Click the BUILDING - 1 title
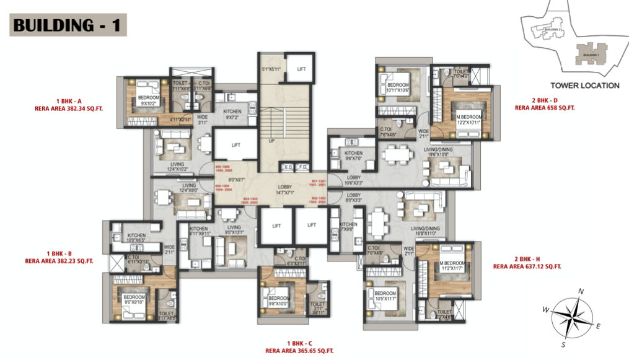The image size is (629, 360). [69, 25]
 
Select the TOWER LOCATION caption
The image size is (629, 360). [584, 86]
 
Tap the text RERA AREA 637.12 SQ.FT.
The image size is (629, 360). [527, 266]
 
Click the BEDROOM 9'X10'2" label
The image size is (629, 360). [148, 100]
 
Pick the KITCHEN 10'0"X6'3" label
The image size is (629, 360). [136, 238]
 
